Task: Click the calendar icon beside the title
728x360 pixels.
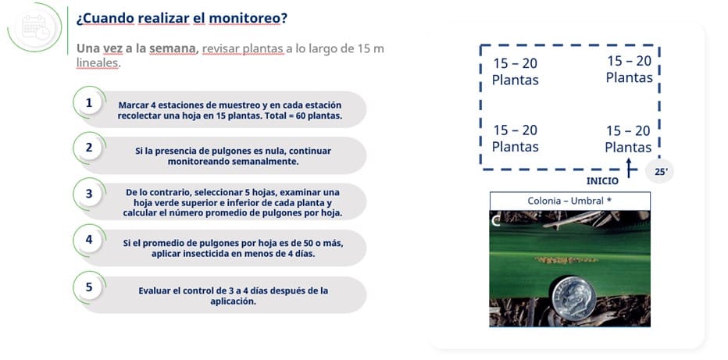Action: coord(35,27)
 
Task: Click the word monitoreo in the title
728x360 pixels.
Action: coord(244,19)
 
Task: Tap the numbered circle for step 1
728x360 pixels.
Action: coord(89,103)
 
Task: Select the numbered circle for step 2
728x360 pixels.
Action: coord(89,148)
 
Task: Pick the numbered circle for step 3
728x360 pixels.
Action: coord(89,194)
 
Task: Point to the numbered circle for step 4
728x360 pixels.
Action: coord(89,240)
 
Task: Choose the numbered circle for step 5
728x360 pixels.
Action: coord(89,287)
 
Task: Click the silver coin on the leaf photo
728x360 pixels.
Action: coord(574,298)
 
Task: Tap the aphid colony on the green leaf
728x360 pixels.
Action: coord(566,260)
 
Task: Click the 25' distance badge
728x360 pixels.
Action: coord(660,172)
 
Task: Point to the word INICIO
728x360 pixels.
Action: coord(602,181)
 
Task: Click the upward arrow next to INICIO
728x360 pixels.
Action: coord(629,167)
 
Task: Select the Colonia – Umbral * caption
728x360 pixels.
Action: coord(569,201)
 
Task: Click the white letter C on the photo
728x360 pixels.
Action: coord(496,222)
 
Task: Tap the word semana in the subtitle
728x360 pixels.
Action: coord(174,48)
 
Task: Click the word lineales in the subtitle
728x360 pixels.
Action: coord(98,62)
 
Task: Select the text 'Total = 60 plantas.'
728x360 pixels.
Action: coord(303,116)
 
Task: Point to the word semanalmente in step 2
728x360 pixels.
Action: coord(266,162)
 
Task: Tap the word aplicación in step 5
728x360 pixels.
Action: coord(233,301)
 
